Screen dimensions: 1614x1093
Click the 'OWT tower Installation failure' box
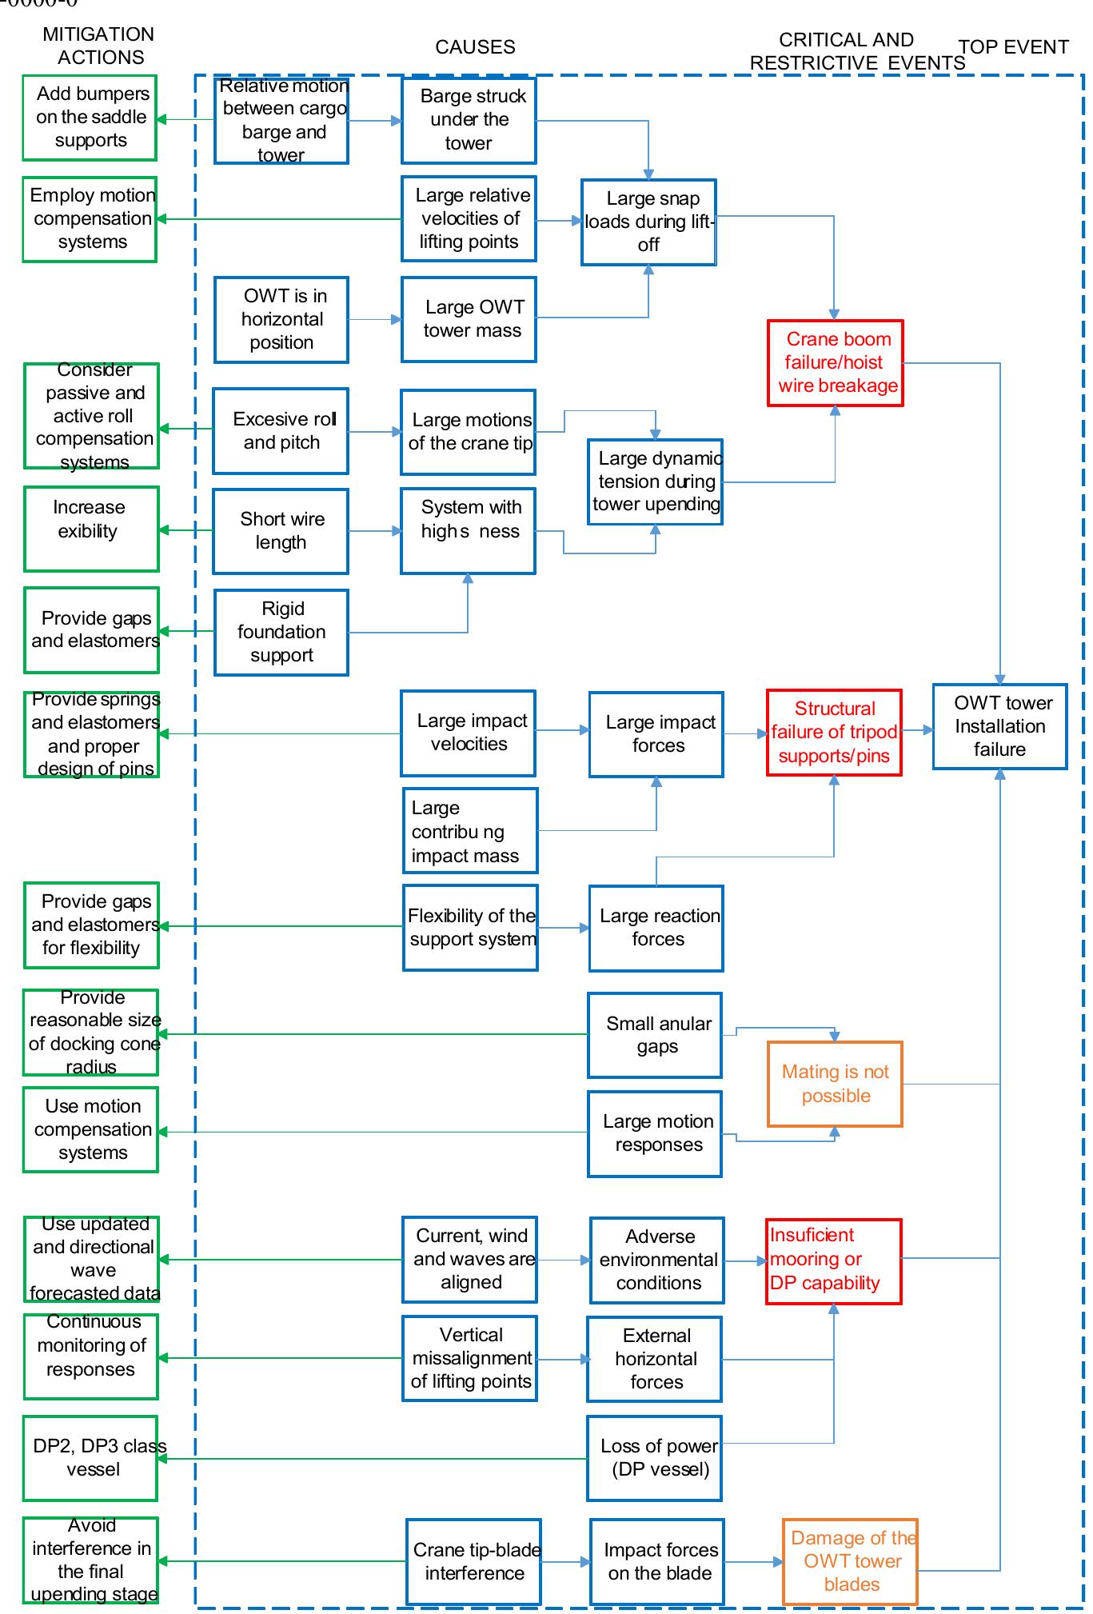click(x=999, y=726)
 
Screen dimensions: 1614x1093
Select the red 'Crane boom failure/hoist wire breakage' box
click(x=835, y=363)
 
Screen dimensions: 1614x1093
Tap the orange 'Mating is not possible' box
click(x=835, y=1084)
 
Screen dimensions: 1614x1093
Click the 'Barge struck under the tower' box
click(x=469, y=120)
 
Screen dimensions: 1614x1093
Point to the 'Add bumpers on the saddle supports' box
click(x=90, y=118)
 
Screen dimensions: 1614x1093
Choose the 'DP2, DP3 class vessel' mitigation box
click(x=90, y=1457)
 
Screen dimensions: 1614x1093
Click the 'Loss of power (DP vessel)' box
click(x=655, y=1457)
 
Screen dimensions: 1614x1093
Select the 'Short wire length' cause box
click(x=281, y=531)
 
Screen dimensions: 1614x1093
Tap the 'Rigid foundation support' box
click(x=281, y=632)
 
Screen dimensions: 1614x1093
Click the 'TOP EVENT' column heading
click(x=1013, y=47)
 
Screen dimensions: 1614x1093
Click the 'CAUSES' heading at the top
click(x=475, y=47)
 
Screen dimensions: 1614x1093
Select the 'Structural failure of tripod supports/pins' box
click(x=834, y=732)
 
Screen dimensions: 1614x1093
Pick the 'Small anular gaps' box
click(x=655, y=1035)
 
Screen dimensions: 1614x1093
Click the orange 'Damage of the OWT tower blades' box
click(x=850, y=1560)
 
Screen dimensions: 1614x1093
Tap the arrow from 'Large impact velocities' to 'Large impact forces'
click(x=562, y=729)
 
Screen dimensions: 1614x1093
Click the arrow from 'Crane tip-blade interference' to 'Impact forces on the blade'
click(x=565, y=1561)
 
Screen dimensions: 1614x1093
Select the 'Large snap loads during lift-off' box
click(x=648, y=222)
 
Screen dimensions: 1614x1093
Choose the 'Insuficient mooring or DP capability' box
click(x=833, y=1260)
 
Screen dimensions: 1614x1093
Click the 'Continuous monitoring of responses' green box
click(x=91, y=1356)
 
